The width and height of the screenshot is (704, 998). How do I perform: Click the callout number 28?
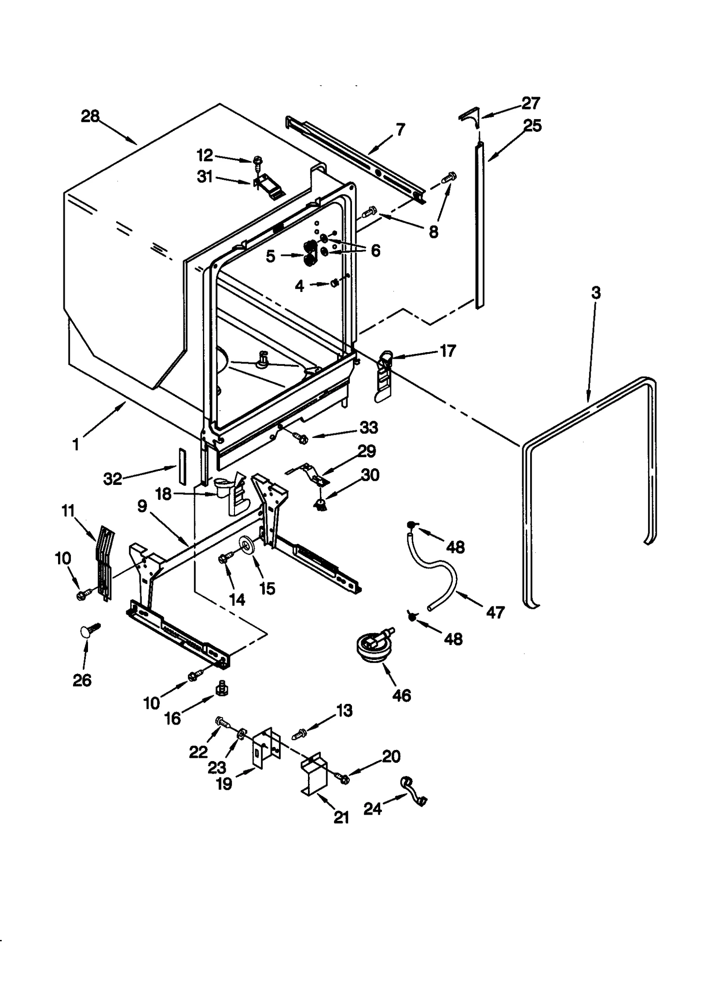90,117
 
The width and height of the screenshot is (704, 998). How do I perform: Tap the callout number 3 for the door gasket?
595,292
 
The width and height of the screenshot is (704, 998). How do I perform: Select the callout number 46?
401,696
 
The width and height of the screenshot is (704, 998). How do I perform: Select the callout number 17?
447,351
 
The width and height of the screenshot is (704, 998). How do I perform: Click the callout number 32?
112,479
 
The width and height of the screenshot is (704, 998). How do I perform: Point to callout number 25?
532,126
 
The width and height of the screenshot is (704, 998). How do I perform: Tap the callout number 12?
205,155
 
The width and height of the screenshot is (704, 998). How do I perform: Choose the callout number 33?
369,427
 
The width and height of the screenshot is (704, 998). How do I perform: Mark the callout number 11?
68,511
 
